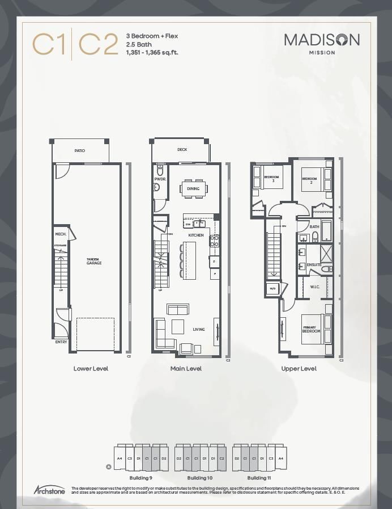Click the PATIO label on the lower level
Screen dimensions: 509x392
pyautogui.click(x=79, y=150)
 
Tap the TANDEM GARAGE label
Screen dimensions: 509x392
pyautogui.click(x=94, y=262)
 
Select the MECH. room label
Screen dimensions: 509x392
pyautogui.click(x=60, y=234)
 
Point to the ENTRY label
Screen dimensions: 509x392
pyautogui.click(x=61, y=342)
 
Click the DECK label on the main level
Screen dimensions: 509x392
pyautogui.click(x=182, y=150)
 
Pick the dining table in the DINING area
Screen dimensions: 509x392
pyautogui.click(x=193, y=188)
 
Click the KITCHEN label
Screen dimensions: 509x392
pyautogui.click(x=196, y=235)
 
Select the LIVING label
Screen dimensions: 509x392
pyautogui.click(x=199, y=329)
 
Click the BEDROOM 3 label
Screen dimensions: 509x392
pyautogui.click(x=271, y=179)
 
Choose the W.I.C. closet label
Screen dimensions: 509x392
pyautogui.click(x=315, y=287)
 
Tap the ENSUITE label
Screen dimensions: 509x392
pyautogui.click(x=314, y=265)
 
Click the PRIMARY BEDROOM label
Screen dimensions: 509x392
pyautogui.click(x=311, y=330)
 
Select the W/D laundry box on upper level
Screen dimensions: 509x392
pyautogui.click(x=272, y=289)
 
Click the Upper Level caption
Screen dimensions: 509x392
pyautogui.click(x=299, y=368)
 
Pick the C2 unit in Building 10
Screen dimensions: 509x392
pyautogui.click(x=221, y=458)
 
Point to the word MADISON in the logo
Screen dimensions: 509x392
pyautogui.click(x=321, y=40)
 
